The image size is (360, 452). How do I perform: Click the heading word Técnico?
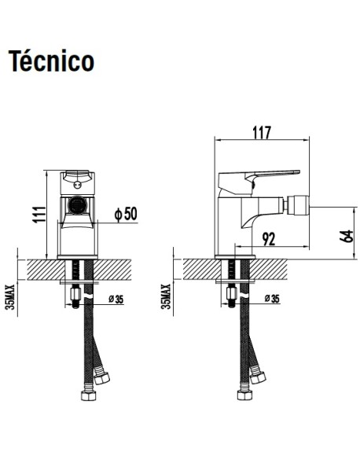(51, 61)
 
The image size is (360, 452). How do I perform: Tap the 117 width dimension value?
(262, 133)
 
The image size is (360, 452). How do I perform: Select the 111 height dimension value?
(39, 214)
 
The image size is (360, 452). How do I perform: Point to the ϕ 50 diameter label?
(126, 214)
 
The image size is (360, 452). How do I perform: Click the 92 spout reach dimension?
(269, 239)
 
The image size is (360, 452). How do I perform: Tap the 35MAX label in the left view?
(11, 296)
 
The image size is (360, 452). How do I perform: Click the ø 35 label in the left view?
(116, 299)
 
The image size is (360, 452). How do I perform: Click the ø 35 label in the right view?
(272, 299)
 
